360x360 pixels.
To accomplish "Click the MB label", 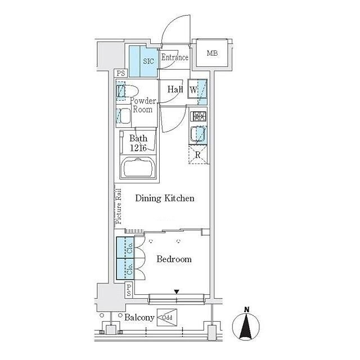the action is tap(212, 53).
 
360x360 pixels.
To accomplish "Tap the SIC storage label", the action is tap(148, 61).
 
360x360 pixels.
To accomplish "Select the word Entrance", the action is tap(175, 57).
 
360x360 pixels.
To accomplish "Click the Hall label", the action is tap(175, 89).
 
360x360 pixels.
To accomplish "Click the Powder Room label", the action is tap(143, 105).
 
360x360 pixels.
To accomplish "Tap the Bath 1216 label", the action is tap(138, 143).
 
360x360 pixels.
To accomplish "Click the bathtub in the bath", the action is tap(138, 168).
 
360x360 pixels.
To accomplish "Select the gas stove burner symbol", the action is tap(200, 116).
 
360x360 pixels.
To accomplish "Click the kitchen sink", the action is tap(197, 134).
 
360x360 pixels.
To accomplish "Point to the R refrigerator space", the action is tap(197, 155).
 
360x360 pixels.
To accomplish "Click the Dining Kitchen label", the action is tap(165, 198).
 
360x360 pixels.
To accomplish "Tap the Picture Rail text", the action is tap(119, 206).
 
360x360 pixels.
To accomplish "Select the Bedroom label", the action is tap(174, 259).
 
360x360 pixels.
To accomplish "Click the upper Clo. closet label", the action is tap(130, 248).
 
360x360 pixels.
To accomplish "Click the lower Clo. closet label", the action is tap(130, 269).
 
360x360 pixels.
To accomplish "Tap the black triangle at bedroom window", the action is tap(176, 292).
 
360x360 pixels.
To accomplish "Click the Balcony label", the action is tap(139, 317).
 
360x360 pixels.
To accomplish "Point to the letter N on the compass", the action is tap(247, 310).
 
